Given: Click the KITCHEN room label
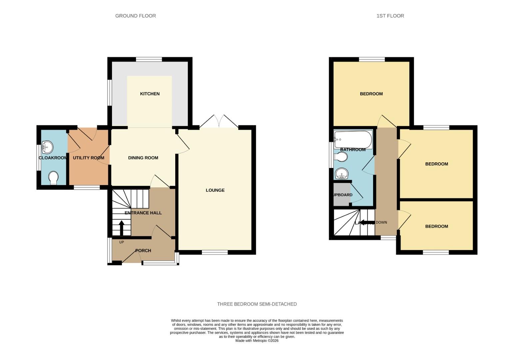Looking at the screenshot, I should [x=150, y=94].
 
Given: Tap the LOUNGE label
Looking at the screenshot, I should [x=215, y=190].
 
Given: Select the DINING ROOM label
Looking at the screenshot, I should [x=143, y=158].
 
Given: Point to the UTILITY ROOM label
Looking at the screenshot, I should [x=88, y=158].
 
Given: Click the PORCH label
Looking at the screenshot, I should [x=143, y=251].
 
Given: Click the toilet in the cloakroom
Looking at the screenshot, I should [x=53, y=178].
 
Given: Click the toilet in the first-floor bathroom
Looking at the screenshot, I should [x=340, y=157].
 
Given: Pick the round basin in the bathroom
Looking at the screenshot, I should [x=341, y=174].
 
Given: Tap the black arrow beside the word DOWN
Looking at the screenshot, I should [x=367, y=222].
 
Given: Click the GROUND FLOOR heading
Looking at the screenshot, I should [x=135, y=16].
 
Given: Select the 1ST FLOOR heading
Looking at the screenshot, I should [x=390, y=16].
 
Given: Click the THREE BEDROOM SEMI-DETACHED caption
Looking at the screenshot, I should [x=257, y=304].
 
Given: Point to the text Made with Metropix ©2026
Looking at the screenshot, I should [x=257, y=341].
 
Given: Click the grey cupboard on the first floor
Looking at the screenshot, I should [x=341, y=195].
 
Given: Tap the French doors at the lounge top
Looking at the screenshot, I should [x=219, y=122].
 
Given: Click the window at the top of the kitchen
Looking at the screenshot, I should [x=149, y=59].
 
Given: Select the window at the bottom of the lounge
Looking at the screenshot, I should [x=215, y=252].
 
